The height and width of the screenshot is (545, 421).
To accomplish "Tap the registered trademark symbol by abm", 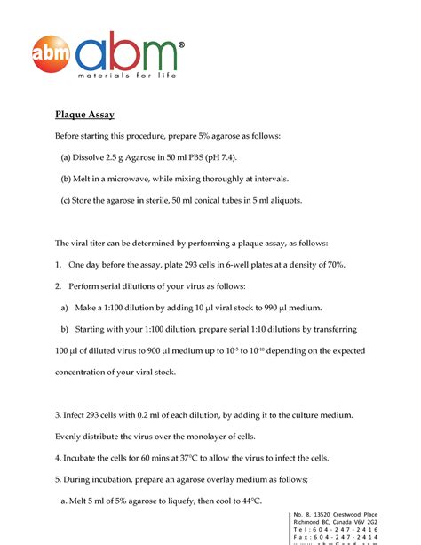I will tap(181, 44).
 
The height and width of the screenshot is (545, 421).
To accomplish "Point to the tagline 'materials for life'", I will tap(126, 75).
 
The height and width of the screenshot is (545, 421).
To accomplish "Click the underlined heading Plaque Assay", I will tap(84, 115).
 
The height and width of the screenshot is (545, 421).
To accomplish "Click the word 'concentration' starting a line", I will tap(83, 372).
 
